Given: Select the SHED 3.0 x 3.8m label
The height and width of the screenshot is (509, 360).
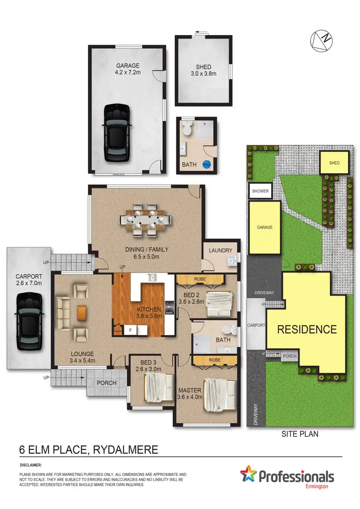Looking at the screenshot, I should pyautogui.click(x=204, y=71).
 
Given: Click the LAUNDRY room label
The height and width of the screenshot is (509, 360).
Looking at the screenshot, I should pyautogui.click(x=221, y=250).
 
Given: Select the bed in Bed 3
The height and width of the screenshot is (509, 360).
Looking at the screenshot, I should pyautogui.click(x=159, y=388).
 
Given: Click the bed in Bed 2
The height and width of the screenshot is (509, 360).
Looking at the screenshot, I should pyautogui.click(x=218, y=304).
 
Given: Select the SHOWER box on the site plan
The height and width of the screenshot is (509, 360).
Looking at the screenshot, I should pyautogui.click(x=260, y=191).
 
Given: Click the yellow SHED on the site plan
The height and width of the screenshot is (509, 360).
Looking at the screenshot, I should pyautogui.click(x=334, y=163).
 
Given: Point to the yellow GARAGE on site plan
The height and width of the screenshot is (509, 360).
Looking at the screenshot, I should pyautogui.click(x=264, y=227).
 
